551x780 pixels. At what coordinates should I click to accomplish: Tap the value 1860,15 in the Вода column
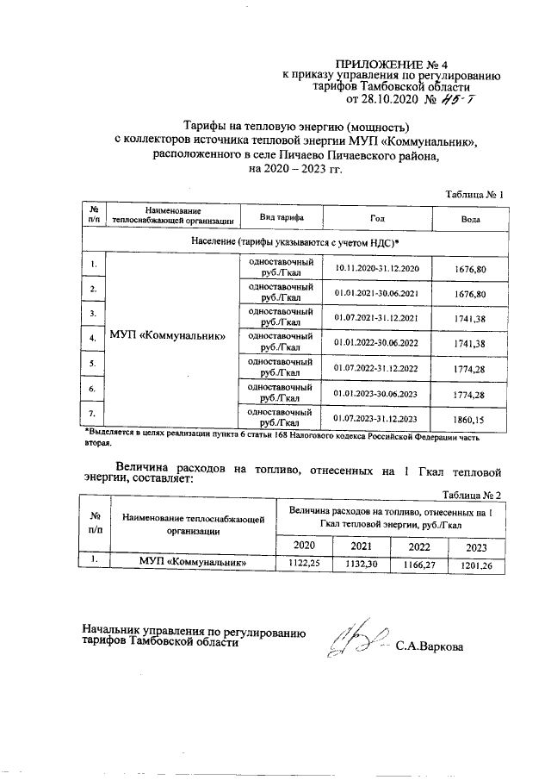470,419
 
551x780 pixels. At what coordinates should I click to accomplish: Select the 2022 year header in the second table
419,546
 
